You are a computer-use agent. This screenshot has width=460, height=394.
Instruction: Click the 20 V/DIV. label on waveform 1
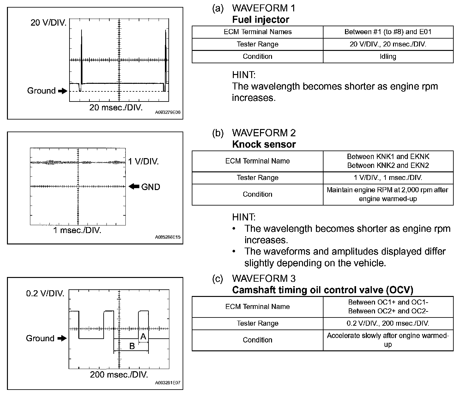pyautogui.click(x=49, y=23)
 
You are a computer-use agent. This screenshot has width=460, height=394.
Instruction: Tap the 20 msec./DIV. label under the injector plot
pyautogui.click(x=116, y=108)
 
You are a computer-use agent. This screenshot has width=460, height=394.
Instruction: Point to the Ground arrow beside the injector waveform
pyautogui.click(x=63, y=91)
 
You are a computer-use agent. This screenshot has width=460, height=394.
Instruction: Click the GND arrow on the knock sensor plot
pyautogui.click(x=134, y=187)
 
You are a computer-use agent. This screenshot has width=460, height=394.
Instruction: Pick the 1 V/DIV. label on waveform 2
pyautogui.click(x=143, y=162)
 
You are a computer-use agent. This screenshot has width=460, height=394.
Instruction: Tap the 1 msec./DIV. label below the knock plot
pyautogui.click(x=77, y=230)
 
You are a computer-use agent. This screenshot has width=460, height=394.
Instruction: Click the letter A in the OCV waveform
pyautogui.click(x=143, y=337)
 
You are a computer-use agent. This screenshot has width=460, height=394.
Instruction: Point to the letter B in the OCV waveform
pyautogui.click(x=132, y=346)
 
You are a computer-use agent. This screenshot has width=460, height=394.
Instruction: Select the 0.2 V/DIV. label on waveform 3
pyautogui.click(x=45, y=293)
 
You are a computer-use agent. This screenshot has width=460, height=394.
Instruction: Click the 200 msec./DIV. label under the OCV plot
pyautogui.click(x=119, y=375)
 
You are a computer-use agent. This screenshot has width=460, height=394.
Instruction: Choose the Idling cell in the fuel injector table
pyautogui.click(x=388, y=57)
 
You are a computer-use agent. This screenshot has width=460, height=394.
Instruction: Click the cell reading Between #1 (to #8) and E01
pyautogui.click(x=388, y=32)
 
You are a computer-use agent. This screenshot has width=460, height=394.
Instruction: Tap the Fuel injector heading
pyautogui.click(x=260, y=20)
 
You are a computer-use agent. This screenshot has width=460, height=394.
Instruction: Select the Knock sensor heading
pyautogui.click(x=264, y=145)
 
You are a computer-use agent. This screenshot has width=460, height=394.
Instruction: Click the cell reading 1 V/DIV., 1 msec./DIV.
pyautogui.click(x=388, y=178)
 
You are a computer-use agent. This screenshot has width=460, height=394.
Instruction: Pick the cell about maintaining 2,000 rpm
pyautogui.click(x=388, y=194)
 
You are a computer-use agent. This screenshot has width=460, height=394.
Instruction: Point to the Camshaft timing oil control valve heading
pyautogui.click(x=323, y=290)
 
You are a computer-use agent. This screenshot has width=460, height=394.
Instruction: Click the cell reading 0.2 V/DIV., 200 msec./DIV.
pyautogui.click(x=388, y=323)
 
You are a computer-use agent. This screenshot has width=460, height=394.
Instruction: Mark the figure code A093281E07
pyautogui.click(x=168, y=383)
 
